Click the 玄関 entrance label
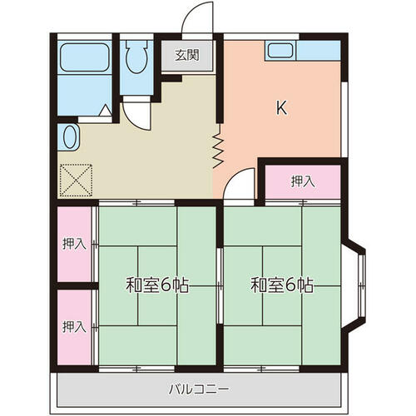click(187, 55)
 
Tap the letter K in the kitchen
click(281, 108)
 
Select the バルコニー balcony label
click(199, 389)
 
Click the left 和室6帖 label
click(157, 285)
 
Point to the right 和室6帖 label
click(282, 285)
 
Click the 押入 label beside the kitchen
click(303, 181)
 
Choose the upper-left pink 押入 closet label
click(74, 244)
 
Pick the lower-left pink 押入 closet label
click(74, 326)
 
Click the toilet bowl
click(136, 57)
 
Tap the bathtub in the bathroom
click(84, 57)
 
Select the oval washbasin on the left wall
click(69, 137)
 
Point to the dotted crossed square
click(76, 181)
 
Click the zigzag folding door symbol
click(219, 146)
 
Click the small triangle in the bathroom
click(106, 110)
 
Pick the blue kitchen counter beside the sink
click(319, 51)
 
